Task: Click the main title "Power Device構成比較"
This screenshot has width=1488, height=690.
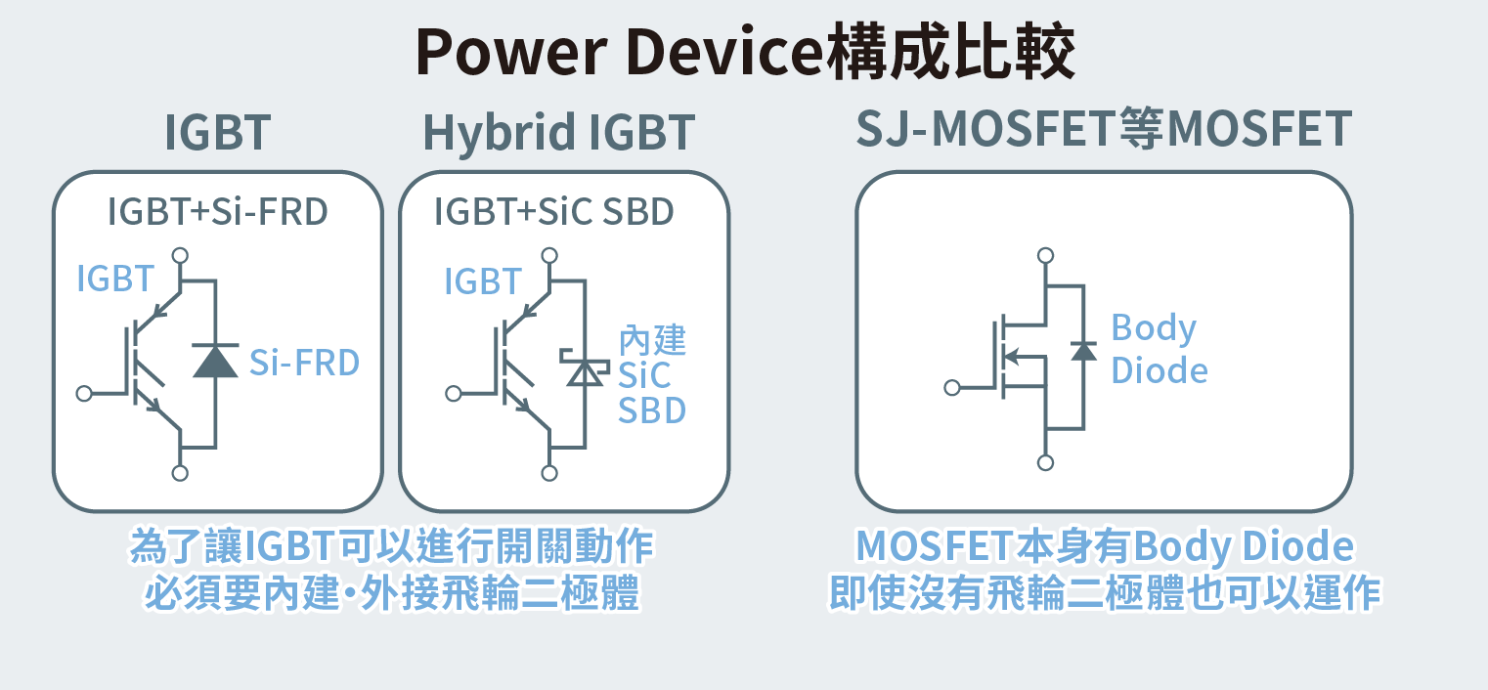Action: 745,52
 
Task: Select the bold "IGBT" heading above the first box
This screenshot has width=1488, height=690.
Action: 217,133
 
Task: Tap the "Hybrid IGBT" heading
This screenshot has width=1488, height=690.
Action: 558,133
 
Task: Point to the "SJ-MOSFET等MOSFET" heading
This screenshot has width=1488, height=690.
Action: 1104,130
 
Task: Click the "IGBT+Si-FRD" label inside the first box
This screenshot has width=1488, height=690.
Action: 217,212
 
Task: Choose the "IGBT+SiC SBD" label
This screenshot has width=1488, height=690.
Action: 554,212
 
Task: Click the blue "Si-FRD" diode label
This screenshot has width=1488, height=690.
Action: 304,363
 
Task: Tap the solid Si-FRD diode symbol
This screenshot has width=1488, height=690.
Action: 215,360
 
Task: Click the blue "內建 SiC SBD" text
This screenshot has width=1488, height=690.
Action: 652,376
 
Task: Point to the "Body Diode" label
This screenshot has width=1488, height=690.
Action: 1159,349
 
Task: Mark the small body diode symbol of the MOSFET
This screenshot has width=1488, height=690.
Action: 1083,350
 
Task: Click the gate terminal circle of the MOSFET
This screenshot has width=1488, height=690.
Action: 952,388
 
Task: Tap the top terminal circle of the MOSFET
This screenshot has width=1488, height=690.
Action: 1046,255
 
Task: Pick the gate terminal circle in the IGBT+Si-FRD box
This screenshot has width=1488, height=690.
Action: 84,393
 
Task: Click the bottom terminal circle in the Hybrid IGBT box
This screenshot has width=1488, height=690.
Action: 551,473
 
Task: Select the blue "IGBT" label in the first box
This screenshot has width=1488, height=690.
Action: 115,280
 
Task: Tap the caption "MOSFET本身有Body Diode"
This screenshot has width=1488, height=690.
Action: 1105,546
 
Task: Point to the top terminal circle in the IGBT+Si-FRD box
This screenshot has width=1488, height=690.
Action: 180,256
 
